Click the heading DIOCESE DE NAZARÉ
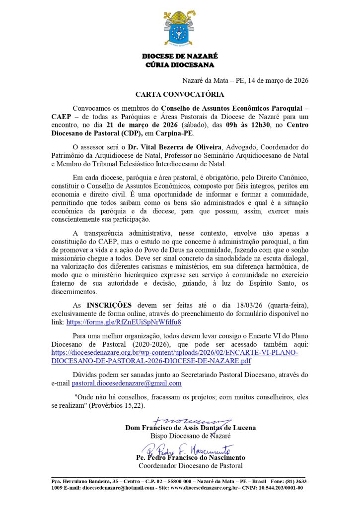180,57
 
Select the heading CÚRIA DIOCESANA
180,65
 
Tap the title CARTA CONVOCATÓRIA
180,94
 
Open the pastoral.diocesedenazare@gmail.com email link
127,383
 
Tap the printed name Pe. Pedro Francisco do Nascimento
190,458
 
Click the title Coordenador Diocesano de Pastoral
190,466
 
